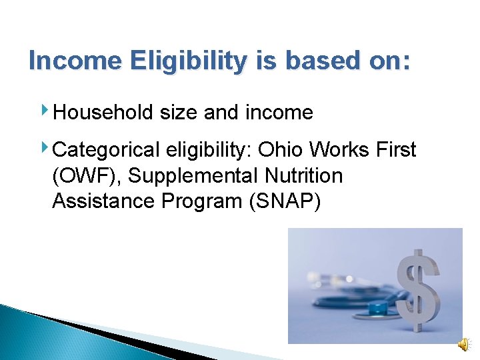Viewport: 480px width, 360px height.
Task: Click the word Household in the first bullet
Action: (x=104, y=113)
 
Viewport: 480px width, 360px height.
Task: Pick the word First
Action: (x=395, y=150)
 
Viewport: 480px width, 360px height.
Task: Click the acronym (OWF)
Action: (x=87, y=176)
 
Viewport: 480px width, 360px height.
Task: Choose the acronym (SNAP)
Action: (x=284, y=201)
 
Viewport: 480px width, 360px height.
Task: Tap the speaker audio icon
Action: (x=463, y=343)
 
